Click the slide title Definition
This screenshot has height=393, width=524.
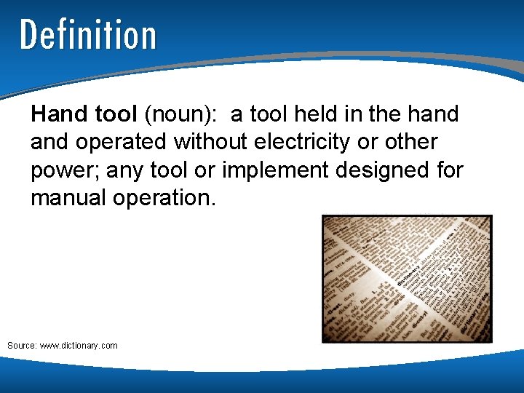(x=88, y=35)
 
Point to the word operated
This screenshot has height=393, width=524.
(x=121, y=142)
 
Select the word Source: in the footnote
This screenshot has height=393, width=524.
(x=22, y=345)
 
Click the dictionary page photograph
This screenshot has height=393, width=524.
(x=407, y=279)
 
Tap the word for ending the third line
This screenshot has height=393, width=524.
(x=449, y=170)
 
